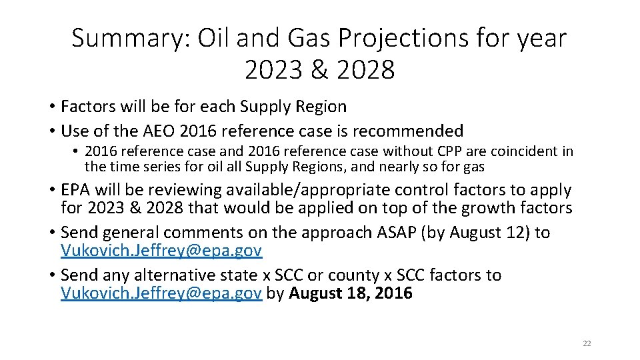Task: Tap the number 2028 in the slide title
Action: coord(366,70)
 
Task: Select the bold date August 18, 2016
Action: coord(351,293)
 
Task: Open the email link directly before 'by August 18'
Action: coord(161,293)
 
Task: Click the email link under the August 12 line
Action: coord(161,251)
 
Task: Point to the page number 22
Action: coord(587,343)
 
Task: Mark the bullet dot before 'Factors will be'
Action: coord(51,107)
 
